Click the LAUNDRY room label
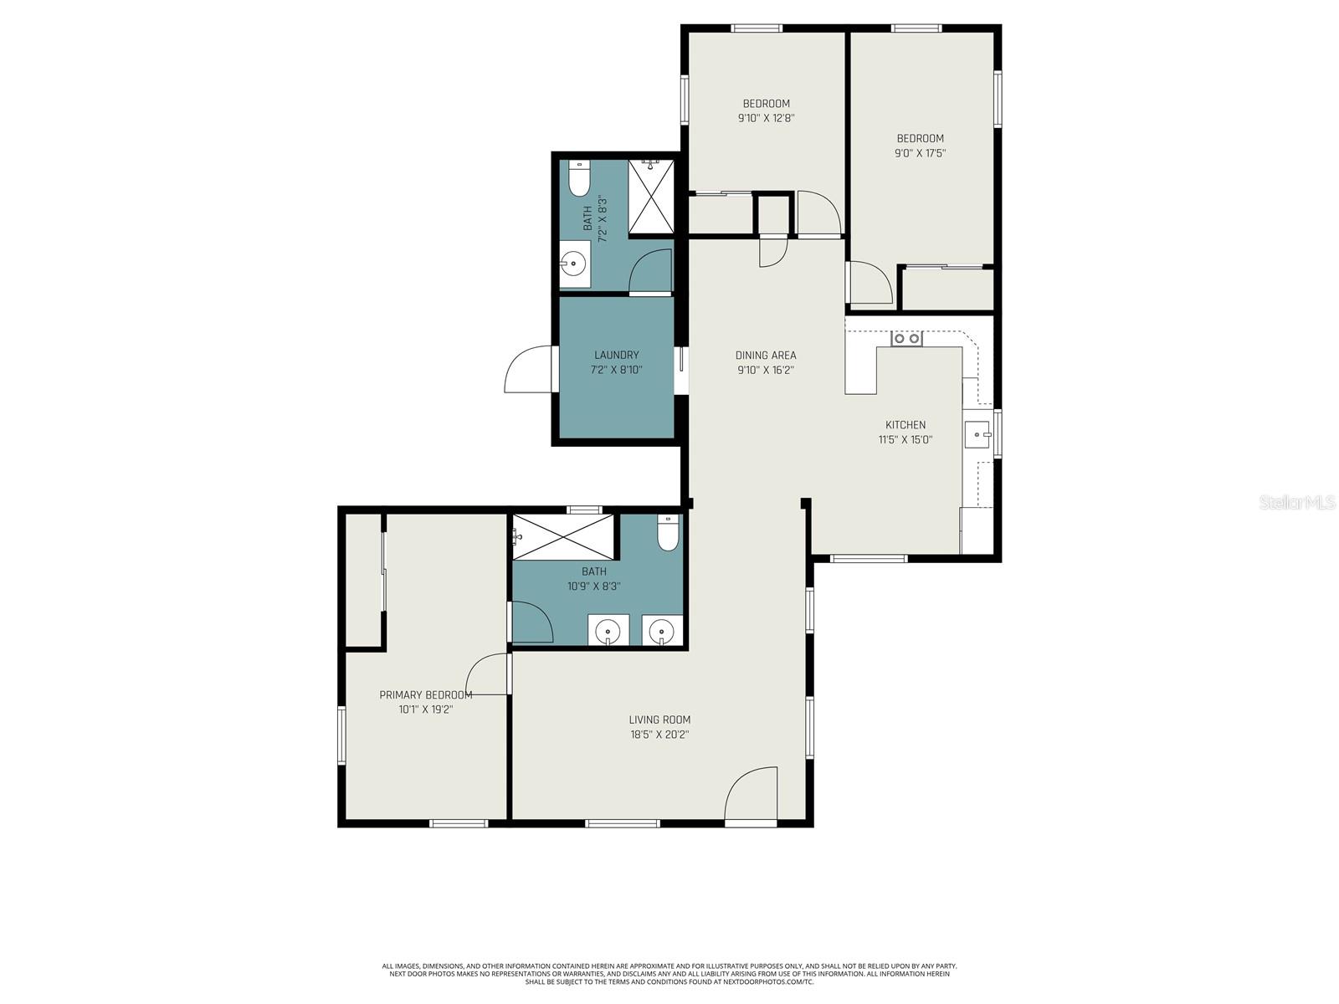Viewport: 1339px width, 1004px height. point(616,355)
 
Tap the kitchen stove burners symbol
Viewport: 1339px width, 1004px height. point(906,339)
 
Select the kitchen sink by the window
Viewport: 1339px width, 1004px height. point(977,435)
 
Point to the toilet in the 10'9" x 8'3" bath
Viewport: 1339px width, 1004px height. point(668,533)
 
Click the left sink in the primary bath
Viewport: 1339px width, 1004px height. point(608,630)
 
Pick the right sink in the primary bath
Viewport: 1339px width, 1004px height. point(662,630)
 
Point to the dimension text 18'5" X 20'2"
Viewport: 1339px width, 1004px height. point(659,735)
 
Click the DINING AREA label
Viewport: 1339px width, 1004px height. point(766,355)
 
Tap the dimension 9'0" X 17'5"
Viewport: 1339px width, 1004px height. point(921,153)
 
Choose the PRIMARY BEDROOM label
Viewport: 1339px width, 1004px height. point(425,694)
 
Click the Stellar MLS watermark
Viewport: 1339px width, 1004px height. point(1296,502)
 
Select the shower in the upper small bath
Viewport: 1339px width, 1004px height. point(650,196)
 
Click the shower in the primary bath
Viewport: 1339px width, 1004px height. point(563,537)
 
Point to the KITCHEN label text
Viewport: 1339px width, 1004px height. point(905,424)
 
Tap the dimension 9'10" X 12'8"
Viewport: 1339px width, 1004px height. point(766,118)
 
